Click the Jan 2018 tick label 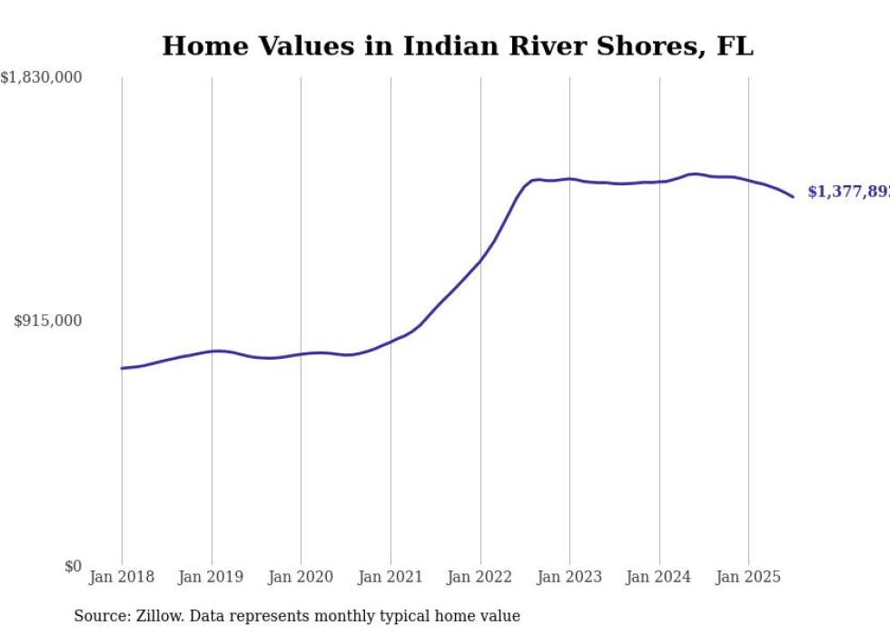[122, 577]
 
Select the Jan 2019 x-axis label [212, 577]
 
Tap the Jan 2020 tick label [301, 577]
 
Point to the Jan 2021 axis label [391, 577]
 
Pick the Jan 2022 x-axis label [480, 577]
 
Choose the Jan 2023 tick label [569, 577]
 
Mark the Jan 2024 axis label [659, 577]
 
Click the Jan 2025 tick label [748, 577]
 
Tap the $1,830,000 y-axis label [41, 78]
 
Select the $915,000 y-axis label [47, 321]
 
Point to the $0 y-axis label [72, 567]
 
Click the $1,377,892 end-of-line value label [848, 193]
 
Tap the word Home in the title [195, 46]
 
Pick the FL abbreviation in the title [735, 46]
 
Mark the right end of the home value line [793, 196]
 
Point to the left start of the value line [122, 368]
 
